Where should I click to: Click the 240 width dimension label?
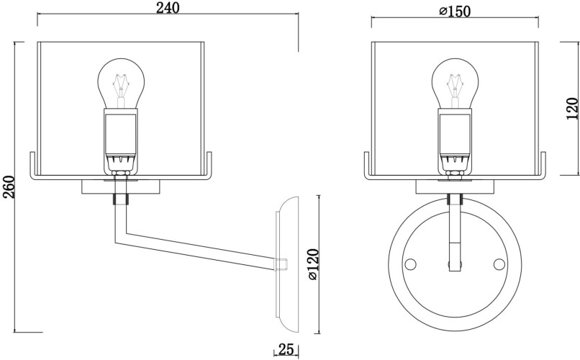click(x=167, y=8)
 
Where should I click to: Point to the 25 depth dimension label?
click(x=285, y=351)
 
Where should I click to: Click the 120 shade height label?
click(x=571, y=108)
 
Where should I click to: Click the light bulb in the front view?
click(x=455, y=83)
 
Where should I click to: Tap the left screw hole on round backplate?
click(x=411, y=264)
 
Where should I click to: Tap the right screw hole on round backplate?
click(x=499, y=264)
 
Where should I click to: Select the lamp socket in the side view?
click(x=120, y=137)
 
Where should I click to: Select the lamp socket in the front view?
click(x=455, y=137)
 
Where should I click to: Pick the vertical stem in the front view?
click(x=455, y=230)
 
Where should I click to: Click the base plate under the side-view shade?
click(x=120, y=187)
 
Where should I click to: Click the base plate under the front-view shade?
click(x=455, y=187)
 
